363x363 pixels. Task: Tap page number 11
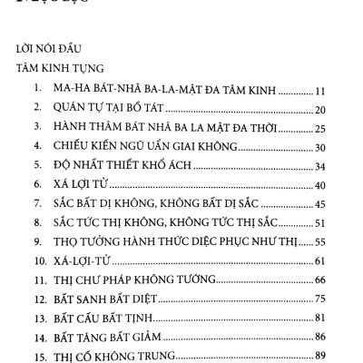323,91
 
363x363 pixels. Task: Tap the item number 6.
35,184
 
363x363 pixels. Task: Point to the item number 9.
35,240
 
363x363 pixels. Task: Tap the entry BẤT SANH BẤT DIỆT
109,298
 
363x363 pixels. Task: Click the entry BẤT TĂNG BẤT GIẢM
110,336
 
